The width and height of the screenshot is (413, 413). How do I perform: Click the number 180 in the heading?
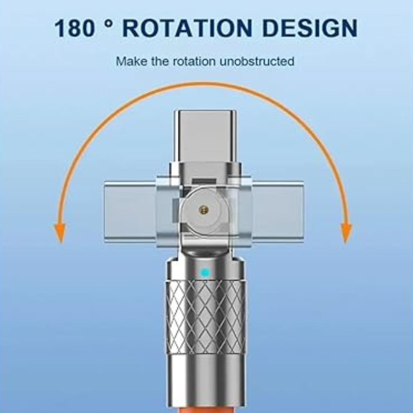point(74,28)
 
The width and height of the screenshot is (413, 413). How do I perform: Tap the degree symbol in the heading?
point(110,23)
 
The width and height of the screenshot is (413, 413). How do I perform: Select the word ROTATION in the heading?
point(187,28)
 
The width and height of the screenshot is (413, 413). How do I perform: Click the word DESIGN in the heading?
point(310,28)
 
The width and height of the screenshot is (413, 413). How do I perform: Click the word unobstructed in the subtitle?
point(257,61)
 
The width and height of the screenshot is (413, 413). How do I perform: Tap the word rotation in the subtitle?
point(194,61)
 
